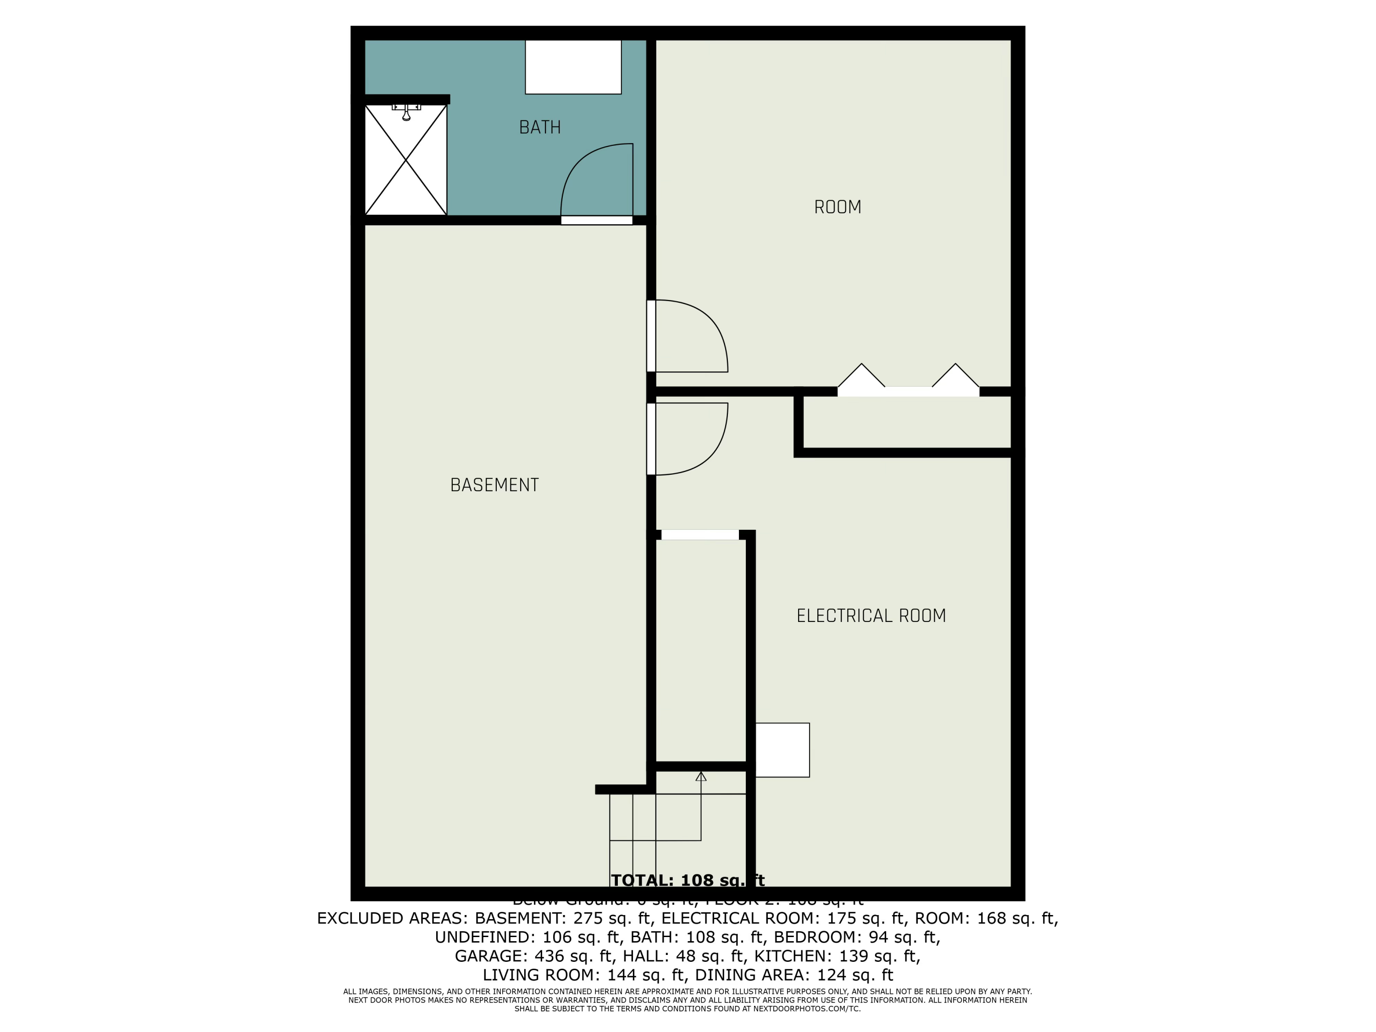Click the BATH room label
[x=539, y=128]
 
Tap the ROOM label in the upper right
[x=837, y=207]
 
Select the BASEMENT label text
[x=494, y=485]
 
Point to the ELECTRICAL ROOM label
[x=871, y=616]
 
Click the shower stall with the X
[x=405, y=161]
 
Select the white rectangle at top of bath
[x=573, y=67]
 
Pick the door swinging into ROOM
[x=690, y=336]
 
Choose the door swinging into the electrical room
[x=690, y=438]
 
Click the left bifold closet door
[x=861, y=377]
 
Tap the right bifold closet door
[x=955, y=377]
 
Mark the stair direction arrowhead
[x=701, y=777]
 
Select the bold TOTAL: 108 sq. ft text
[x=688, y=880]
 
